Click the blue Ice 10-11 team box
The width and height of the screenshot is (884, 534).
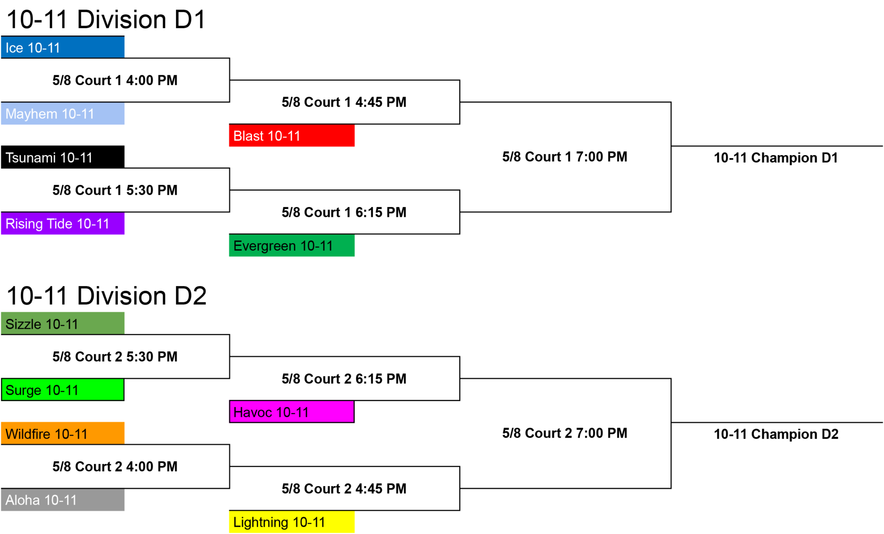[63, 47]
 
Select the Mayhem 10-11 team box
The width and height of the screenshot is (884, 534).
[63, 114]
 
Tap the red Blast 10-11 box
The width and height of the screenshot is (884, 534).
[292, 136]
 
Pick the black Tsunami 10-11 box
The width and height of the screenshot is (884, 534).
[63, 157]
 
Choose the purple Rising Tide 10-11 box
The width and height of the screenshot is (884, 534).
[63, 223]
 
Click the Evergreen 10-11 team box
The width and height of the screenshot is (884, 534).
[292, 245]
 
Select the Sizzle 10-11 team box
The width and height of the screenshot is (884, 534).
[63, 324]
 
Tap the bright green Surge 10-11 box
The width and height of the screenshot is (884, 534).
[63, 390]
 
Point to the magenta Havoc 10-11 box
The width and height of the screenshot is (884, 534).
[292, 412]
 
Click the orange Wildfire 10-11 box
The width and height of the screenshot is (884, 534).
[63, 433]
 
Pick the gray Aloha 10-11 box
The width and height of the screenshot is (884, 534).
[63, 500]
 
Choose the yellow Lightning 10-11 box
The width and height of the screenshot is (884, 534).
[292, 522]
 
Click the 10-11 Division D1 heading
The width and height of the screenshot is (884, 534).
[106, 19]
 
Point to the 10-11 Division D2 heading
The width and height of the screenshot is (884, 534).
[107, 296]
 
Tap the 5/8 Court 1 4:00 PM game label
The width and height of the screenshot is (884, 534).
[115, 80]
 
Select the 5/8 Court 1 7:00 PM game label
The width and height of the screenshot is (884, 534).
[565, 157]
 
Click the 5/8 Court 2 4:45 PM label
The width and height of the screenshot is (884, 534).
[344, 489]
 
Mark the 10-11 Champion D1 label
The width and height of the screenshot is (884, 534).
[776, 158]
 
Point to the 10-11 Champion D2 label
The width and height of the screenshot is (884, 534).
[776, 434]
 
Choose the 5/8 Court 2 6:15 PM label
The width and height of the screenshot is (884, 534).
[344, 379]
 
